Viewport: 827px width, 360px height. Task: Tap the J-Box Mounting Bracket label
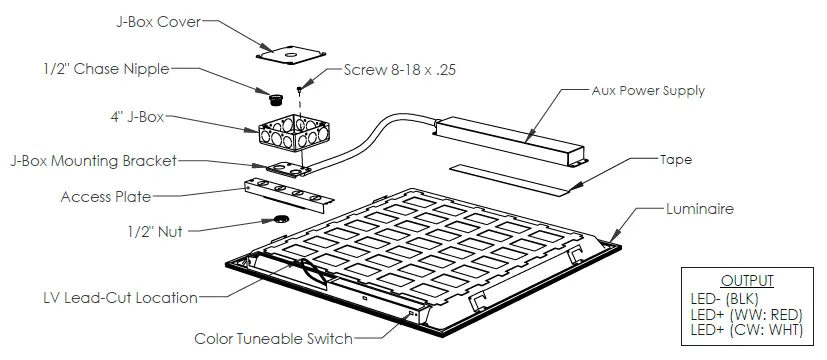coord(94,160)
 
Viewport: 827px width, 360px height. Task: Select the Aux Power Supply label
coord(648,90)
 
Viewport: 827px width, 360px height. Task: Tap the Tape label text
coord(676,159)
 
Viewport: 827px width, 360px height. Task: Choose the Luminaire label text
coord(700,209)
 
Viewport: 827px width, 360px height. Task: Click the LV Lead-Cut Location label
coord(121,297)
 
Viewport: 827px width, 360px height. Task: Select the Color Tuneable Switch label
coord(273,339)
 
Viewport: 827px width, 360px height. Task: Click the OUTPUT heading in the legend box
coord(748,282)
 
